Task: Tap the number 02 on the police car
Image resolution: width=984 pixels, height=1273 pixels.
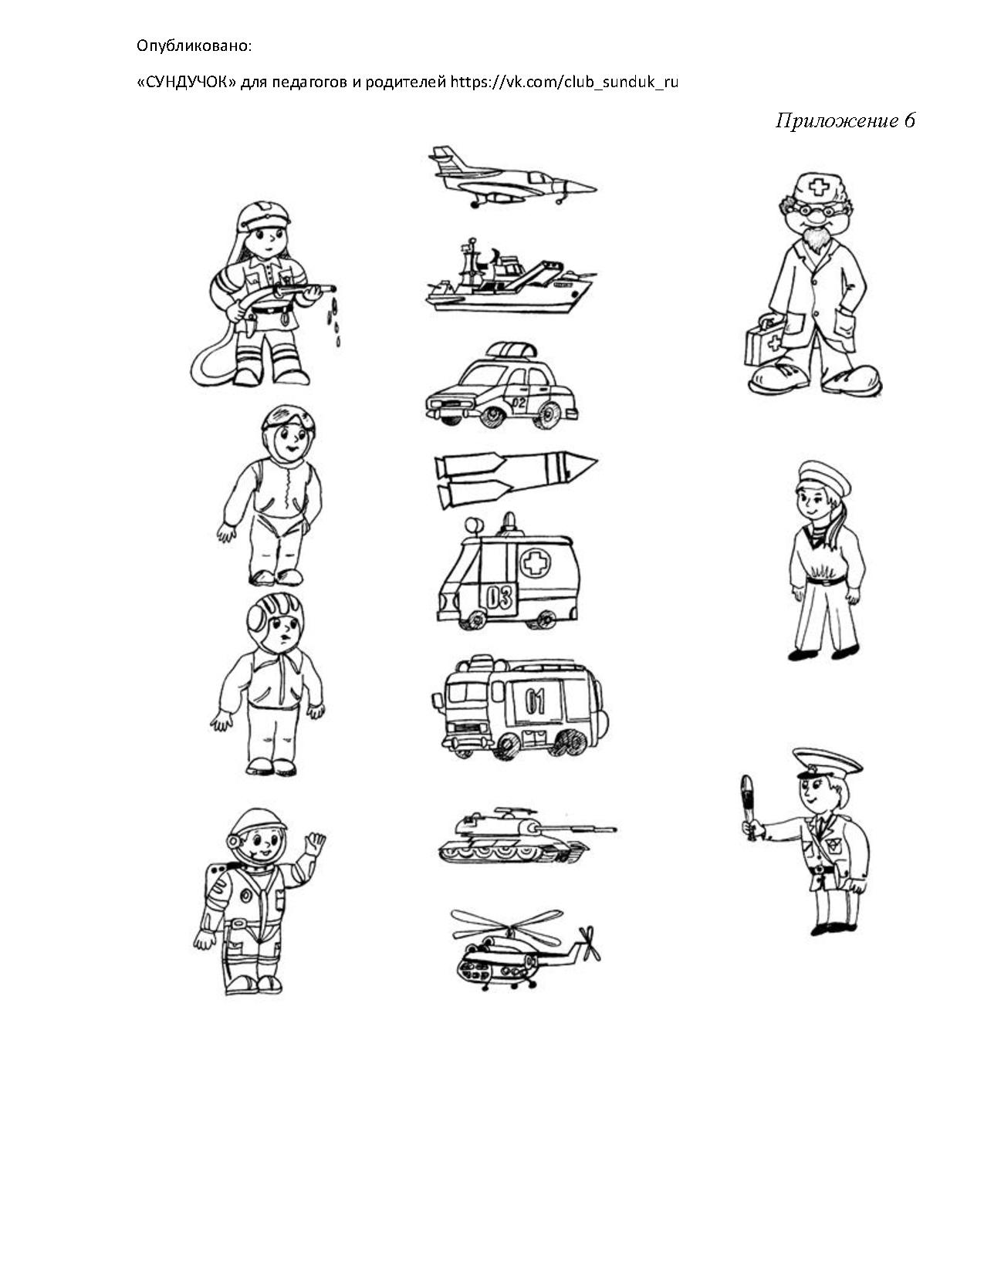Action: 519,403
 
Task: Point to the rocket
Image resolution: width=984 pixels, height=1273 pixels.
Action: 516,478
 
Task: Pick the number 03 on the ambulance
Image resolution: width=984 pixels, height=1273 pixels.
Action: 500,598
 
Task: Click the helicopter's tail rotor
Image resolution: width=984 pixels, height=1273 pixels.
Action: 588,943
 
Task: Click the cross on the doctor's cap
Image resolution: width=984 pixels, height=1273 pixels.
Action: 818,187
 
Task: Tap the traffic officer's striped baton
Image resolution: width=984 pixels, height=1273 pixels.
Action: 747,806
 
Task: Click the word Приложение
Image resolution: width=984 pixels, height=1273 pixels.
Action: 837,120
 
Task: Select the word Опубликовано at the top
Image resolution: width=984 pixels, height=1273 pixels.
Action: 194,46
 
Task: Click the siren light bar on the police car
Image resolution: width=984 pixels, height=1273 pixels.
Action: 512,349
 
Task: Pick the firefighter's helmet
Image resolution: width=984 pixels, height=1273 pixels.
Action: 263,215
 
